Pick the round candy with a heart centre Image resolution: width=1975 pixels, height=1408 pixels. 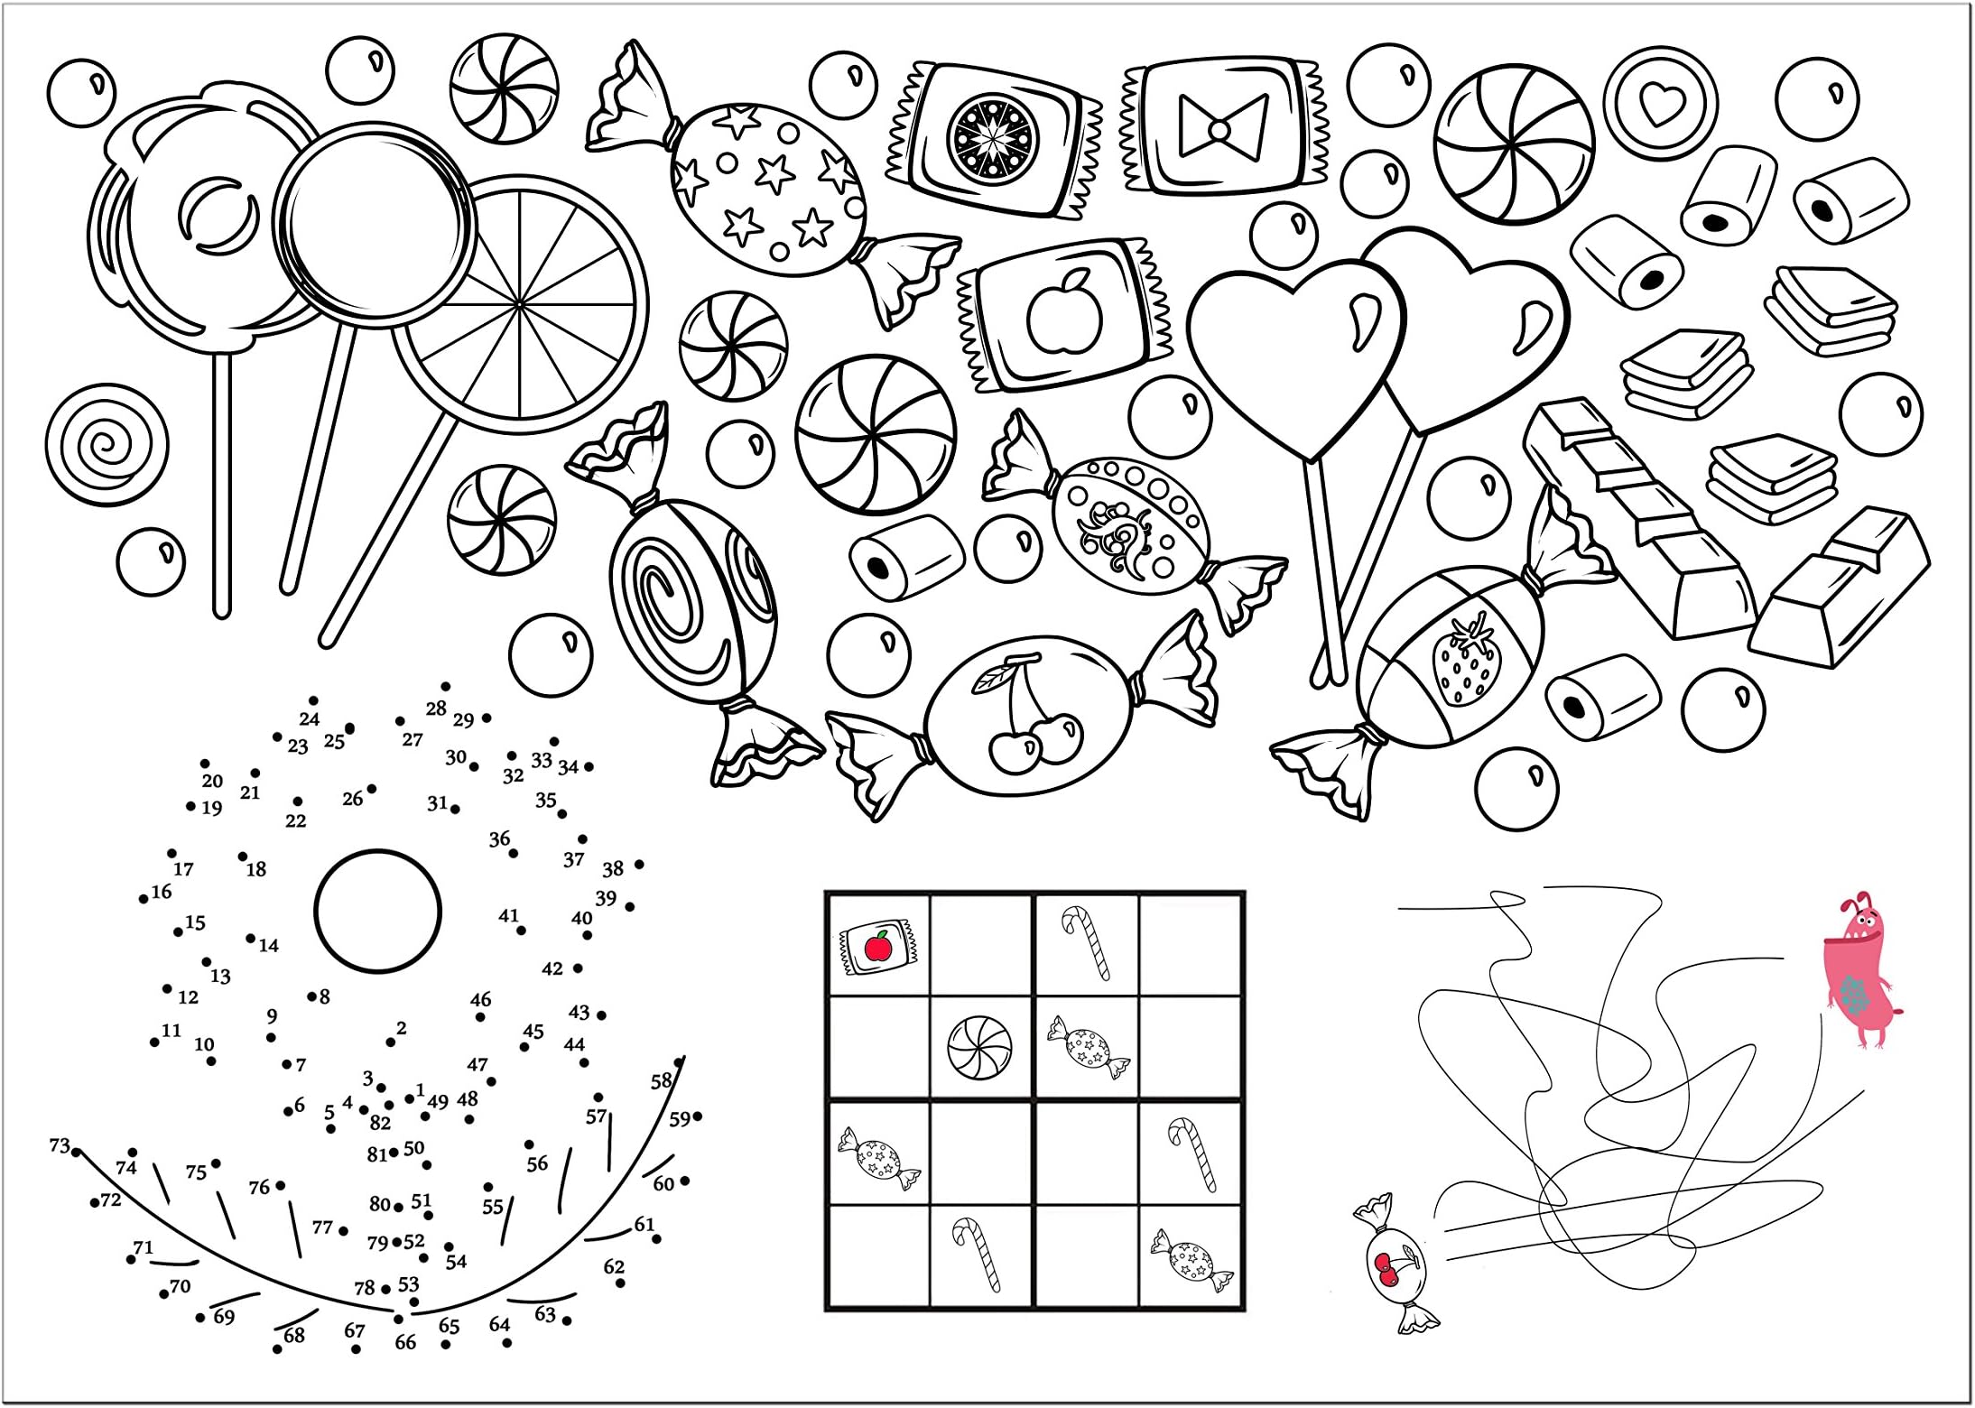[1660, 104]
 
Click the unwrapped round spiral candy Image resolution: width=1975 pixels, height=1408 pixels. [107, 445]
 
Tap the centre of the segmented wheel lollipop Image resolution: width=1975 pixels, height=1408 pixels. [521, 305]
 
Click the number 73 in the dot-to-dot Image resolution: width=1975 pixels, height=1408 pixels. [59, 1146]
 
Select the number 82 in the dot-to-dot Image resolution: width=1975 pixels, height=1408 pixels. [380, 1123]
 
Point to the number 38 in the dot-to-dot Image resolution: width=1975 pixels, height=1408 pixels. [613, 869]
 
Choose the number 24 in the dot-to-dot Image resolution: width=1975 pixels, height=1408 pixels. [310, 719]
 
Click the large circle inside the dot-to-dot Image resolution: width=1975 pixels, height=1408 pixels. [378, 911]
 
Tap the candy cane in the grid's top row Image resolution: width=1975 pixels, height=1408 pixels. [1086, 943]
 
